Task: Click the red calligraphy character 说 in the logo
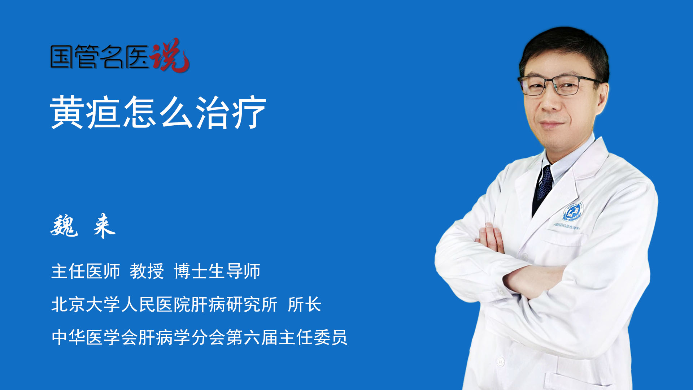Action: pyautogui.click(x=170, y=55)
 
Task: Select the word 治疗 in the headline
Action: pyautogui.click(x=231, y=112)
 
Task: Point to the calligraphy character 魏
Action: pyautogui.click(x=64, y=226)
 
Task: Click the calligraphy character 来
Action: pyautogui.click(x=104, y=226)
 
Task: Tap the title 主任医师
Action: pyautogui.click(x=86, y=271)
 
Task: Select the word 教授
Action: pyautogui.click(x=147, y=271)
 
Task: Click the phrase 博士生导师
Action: pyautogui.click(x=217, y=271)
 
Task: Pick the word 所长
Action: pyautogui.click(x=304, y=304)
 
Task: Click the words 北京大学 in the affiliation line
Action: pyautogui.click(x=86, y=304)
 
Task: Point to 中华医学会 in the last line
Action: pyautogui.click(x=95, y=337)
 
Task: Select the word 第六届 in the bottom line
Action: pyautogui.click(x=252, y=337)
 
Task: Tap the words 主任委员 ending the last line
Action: pyautogui.click(x=313, y=337)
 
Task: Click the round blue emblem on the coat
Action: pyautogui.click(x=573, y=212)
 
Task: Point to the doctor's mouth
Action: pyautogui.click(x=550, y=125)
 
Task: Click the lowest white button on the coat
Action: pyautogui.click(x=500, y=361)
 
